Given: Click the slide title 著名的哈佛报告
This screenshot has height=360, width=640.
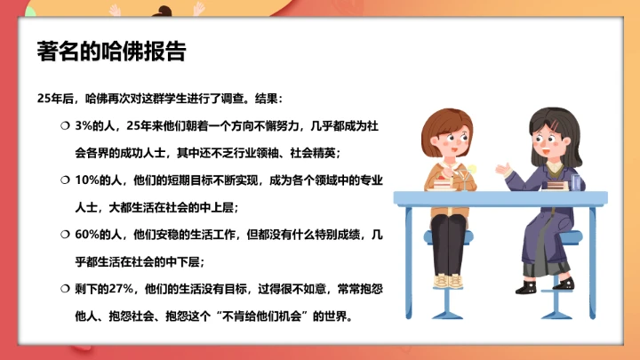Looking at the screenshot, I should (x=111, y=51).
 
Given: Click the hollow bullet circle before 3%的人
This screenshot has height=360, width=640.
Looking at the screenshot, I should (x=65, y=126).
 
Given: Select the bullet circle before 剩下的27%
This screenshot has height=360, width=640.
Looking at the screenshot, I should (x=65, y=289).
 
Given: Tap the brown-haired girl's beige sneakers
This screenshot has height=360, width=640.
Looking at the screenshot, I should (x=449, y=280).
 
